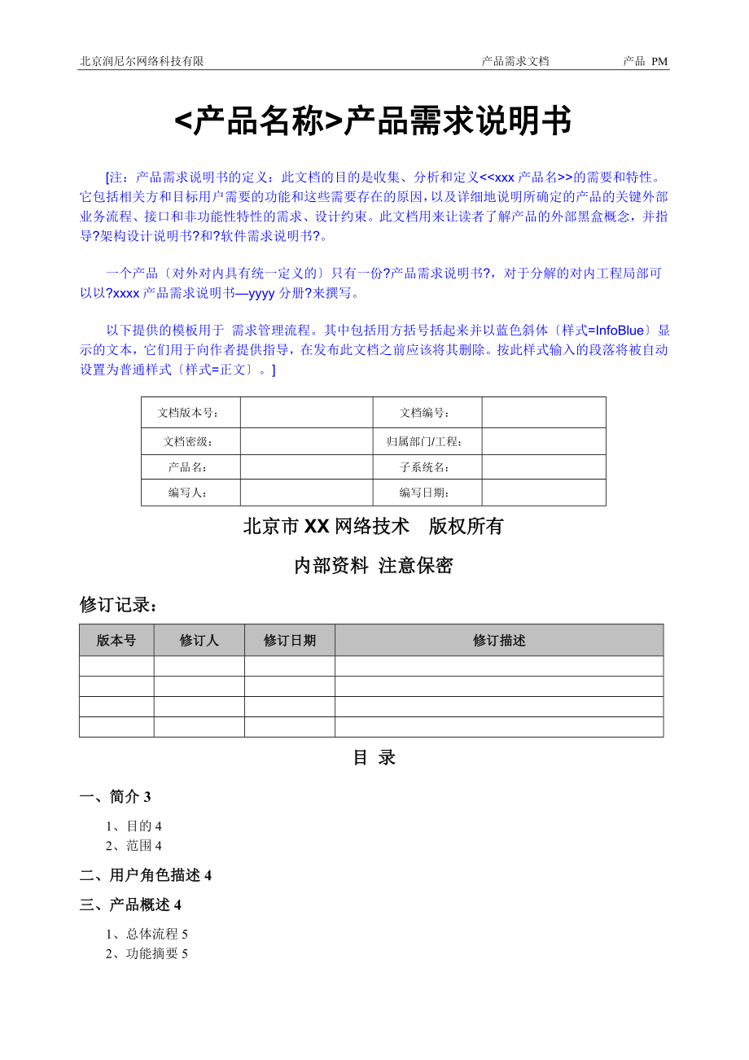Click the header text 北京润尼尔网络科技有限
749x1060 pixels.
click(142, 61)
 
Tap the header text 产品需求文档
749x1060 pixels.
click(515, 61)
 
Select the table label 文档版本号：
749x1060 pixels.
click(189, 413)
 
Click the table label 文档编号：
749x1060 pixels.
click(425, 413)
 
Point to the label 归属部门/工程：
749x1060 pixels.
click(425, 441)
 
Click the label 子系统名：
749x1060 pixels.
click(425, 467)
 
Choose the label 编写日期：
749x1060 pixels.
click(425, 493)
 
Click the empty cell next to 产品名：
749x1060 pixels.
click(306, 467)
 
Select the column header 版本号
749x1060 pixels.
click(116, 640)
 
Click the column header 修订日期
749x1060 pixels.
click(289, 640)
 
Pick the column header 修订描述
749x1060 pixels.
click(499, 640)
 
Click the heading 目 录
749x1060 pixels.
click(374, 758)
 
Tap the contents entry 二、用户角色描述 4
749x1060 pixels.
click(146, 875)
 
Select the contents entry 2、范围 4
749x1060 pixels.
click(134, 846)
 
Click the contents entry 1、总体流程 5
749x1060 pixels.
click(147, 934)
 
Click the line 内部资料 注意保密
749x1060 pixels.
click(374, 567)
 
